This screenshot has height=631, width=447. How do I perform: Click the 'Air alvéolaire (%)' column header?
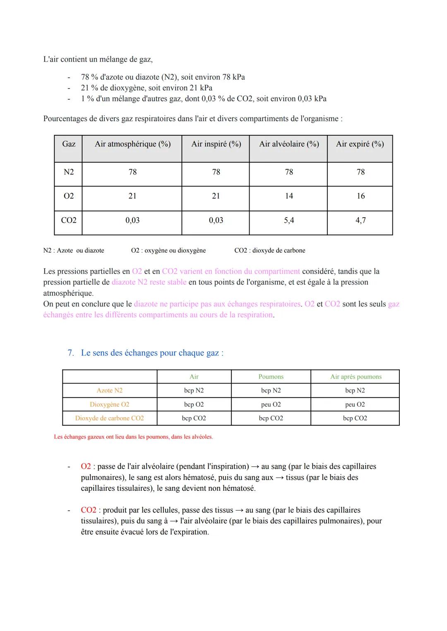tap(289, 144)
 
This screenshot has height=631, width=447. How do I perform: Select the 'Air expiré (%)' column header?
tap(360, 144)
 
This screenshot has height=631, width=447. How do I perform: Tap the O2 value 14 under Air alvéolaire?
tap(289, 196)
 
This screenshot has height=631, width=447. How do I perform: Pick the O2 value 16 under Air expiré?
tap(360, 196)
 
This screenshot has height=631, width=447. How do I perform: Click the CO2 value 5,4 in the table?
tap(289, 221)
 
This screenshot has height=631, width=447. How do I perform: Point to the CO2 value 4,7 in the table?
tap(360, 221)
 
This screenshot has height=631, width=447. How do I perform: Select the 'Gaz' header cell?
tap(69, 144)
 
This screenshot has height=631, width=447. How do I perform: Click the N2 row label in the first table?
tap(69, 172)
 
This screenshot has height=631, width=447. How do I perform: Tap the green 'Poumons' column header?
tap(271, 377)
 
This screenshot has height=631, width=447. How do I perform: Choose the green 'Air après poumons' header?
tap(356, 377)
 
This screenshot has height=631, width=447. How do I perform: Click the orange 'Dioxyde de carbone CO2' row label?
tap(109, 418)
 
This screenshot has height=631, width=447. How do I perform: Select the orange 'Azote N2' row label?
tap(109, 391)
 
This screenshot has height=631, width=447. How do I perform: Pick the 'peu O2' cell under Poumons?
tap(271, 405)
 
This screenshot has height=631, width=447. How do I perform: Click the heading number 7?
tap(71, 353)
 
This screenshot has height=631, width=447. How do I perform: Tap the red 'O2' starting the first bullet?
tap(86, 467)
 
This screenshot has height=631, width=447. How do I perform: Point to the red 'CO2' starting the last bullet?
tap(89, 510)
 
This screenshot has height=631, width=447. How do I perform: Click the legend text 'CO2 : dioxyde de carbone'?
tap(269, 250)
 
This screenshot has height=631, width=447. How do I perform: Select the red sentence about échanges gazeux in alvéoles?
tap(133, 437)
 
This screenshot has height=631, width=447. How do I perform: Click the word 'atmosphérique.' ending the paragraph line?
tap(68, 293)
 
